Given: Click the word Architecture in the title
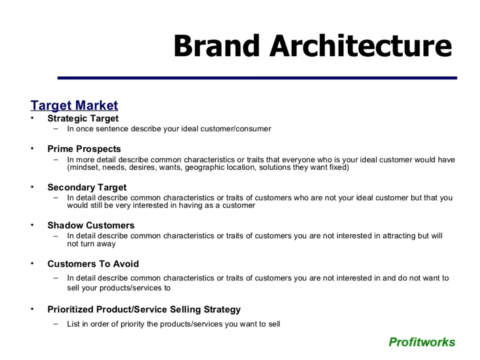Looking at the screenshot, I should click(361, 46).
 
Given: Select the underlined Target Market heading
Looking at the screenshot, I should click(74, 106).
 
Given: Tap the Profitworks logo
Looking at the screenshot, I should click(422, 342).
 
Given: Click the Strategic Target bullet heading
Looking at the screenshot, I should click(83, 118).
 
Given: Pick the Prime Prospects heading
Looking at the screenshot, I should click(84, 149).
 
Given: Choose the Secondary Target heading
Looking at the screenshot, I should click(87, 187).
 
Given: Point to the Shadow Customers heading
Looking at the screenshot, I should click(91, 225).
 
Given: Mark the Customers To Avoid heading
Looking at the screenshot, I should click(93, 264).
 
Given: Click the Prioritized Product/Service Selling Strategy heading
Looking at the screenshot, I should click(144, 310).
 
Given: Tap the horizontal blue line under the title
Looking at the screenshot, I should click(257, 78).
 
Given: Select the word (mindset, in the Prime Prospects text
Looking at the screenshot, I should click(83, 168).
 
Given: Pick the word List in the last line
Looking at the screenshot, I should click(73, 324).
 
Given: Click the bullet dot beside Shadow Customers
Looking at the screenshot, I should click(32, 225).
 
